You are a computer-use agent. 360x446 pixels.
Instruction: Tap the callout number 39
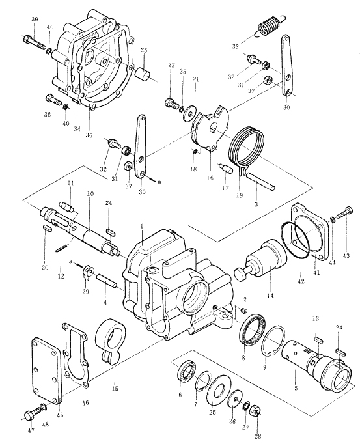click(x=35, y=20)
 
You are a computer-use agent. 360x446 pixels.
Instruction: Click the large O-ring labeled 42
click(x=296, y=240)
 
